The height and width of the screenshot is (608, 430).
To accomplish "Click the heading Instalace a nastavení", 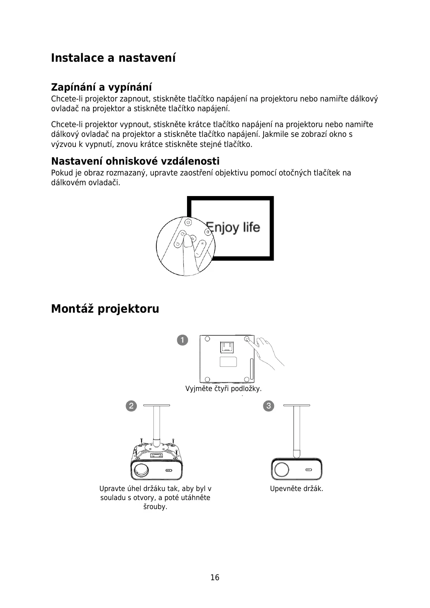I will coord(113,58).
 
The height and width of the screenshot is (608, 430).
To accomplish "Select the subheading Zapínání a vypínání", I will coord(101,87).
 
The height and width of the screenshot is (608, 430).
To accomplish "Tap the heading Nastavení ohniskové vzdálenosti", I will coord(135,161).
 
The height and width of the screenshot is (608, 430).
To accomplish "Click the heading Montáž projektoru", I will coord(105,309).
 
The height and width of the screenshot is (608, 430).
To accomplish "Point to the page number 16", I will coord(215,577).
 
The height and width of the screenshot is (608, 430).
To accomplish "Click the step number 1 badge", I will coord(183,340).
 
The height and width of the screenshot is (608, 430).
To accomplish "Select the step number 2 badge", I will coord(131,406).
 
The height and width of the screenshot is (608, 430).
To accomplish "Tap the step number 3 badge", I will coord(269,406).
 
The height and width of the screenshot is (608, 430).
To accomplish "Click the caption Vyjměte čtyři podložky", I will coord(223,389).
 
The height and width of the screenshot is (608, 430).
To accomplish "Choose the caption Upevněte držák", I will coord(296,489).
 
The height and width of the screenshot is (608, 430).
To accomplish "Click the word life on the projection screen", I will coord(251,227).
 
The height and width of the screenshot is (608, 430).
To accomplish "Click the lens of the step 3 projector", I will coord(281,470).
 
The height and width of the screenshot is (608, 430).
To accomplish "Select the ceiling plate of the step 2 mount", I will coord(156,405).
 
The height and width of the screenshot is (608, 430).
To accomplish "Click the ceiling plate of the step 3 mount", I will coord(296,405).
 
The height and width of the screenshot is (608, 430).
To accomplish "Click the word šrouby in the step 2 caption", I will coord(155,507).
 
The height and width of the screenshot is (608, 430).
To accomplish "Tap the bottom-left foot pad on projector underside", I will coord(207,379).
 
